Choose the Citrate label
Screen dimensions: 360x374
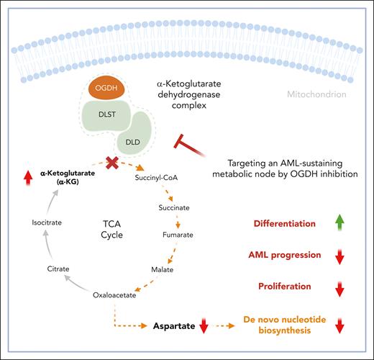[59, 268]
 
